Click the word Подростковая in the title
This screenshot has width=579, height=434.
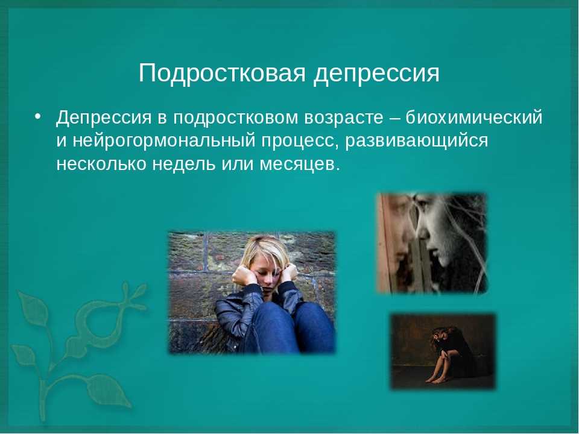coord(222,73)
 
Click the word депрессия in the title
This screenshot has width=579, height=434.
coord(376,74)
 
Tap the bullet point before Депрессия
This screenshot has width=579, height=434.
coord(37,116)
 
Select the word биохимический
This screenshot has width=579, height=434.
coord(474,118)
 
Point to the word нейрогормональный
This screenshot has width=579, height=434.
coord(163,141)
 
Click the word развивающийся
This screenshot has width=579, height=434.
coord(417,141)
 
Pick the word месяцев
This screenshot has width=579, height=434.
coord(299,164)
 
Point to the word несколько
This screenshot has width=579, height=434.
coord(101,164)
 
